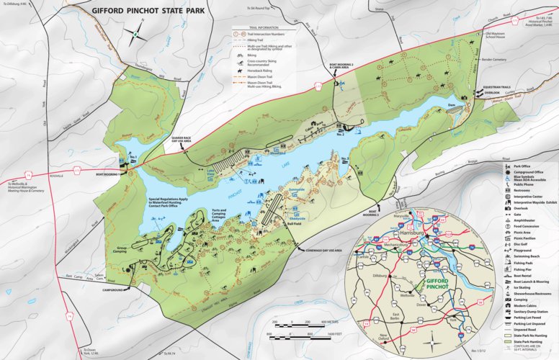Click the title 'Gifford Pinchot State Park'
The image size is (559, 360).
tap(147, 12)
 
